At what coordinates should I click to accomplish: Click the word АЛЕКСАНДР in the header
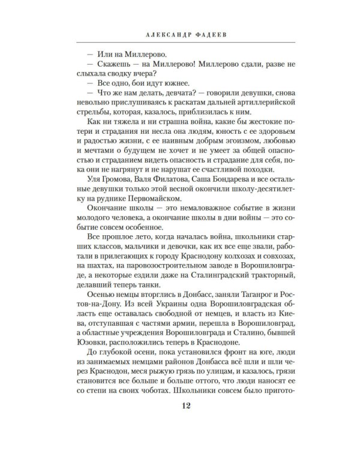coord(158,34)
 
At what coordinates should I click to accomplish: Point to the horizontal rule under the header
coord(180,43)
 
